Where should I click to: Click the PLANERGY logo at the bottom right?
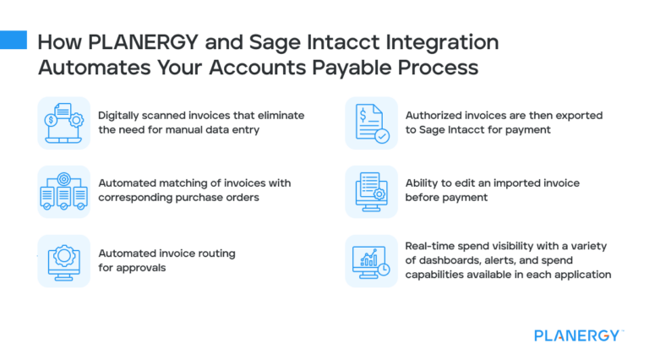click(x=579, y=335)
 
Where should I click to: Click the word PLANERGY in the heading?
click(x=131, y=41)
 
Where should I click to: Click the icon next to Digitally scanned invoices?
click(x=63, y=123)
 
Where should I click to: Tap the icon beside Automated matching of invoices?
click(x=63, y=192)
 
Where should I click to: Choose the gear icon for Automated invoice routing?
click(x=63, y=260)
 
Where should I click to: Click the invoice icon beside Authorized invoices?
click(x=371, y=123)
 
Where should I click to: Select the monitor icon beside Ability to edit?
click(x=371, y=192)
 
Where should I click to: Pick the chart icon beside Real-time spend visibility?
click(x=371, y=260)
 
